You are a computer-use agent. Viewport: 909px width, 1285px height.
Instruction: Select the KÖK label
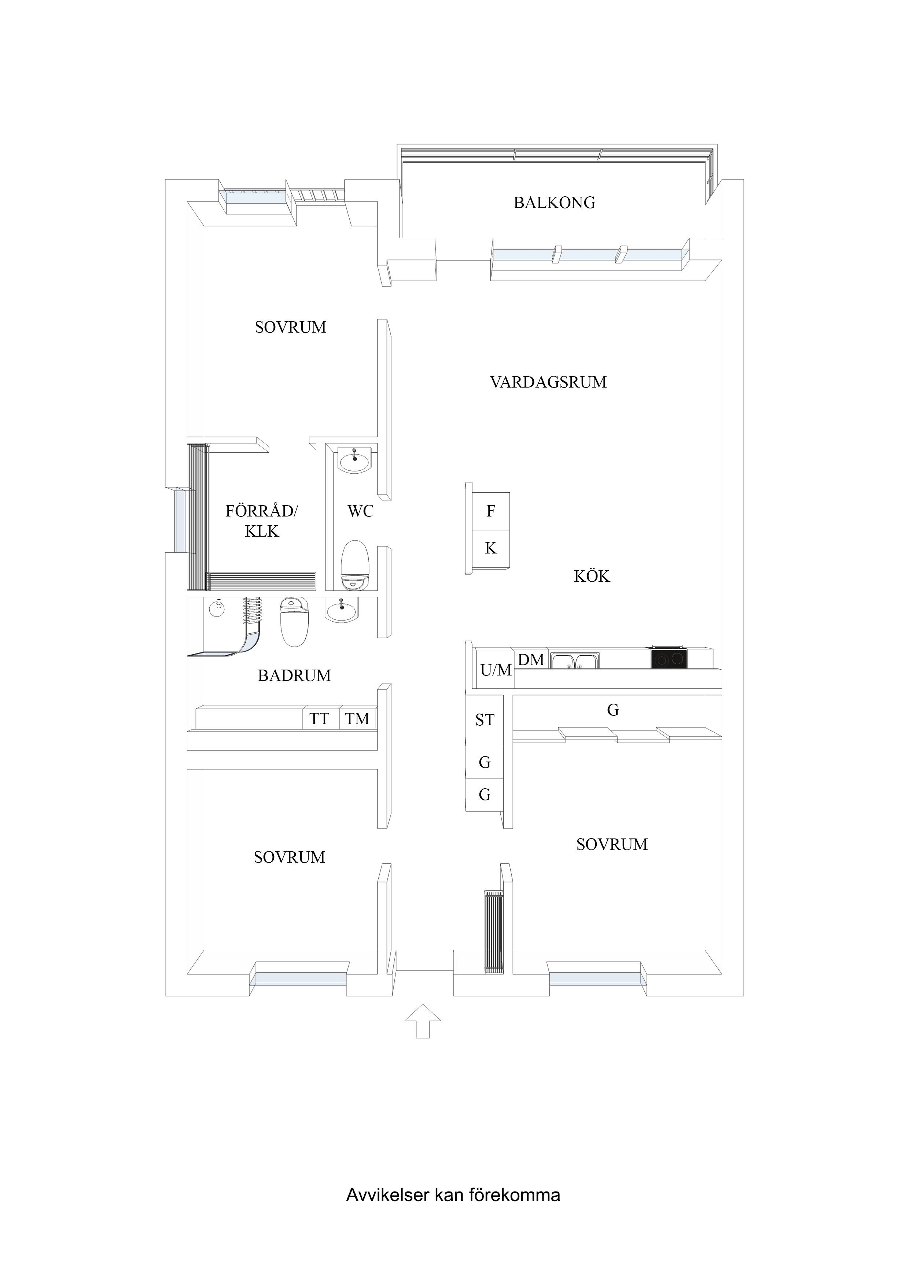coord(592,577)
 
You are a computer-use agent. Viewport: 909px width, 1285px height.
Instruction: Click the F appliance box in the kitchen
coord(491,511)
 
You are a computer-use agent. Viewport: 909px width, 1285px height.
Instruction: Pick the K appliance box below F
coord(491,548)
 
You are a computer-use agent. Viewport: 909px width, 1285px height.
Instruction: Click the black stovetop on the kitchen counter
coord(669,658)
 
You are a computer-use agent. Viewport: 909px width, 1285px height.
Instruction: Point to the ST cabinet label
coord(485,720)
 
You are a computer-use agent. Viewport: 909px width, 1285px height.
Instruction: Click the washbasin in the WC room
coord(354,462)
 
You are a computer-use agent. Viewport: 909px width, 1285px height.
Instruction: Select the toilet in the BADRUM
coord(294,621)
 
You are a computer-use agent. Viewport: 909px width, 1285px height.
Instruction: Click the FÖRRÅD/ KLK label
coord(262,521)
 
